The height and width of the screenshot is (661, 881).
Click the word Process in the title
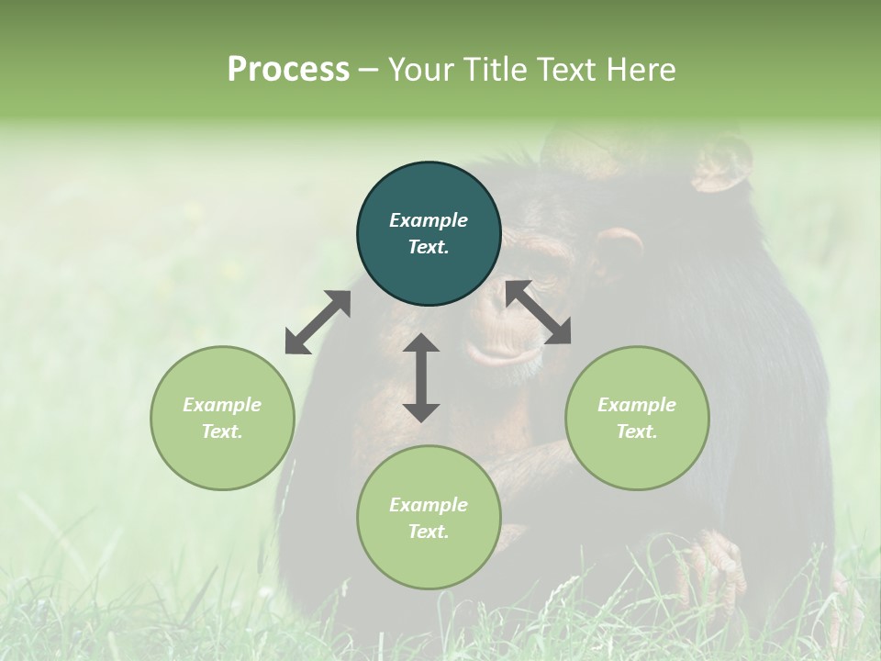[288, 70]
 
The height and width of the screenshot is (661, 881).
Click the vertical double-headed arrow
[421, 377]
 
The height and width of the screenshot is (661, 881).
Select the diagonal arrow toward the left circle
[318, 322]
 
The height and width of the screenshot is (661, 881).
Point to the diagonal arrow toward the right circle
[538, 312]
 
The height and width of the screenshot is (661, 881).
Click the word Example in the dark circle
[429, 220]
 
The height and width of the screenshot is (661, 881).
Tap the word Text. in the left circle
[222, 431]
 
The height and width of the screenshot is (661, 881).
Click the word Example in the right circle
[637, 405]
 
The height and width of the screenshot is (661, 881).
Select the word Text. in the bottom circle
[429, 532]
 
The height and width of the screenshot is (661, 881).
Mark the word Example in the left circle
[222, 405]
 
